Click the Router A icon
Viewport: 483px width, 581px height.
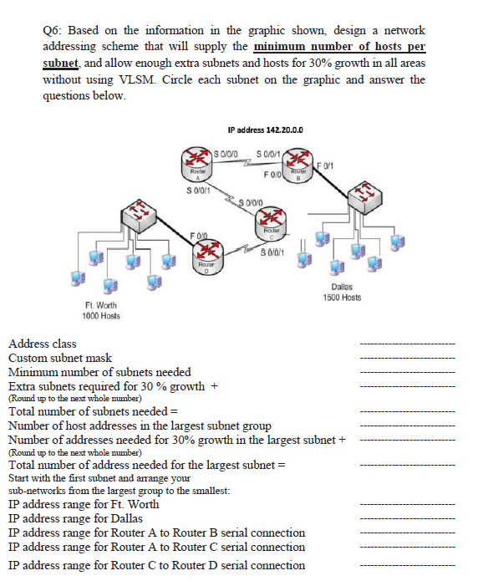196,163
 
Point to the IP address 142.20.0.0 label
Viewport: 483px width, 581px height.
265,130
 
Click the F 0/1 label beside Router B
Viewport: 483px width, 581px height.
328,166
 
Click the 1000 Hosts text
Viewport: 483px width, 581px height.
101,315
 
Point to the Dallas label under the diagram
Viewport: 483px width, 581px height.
340,287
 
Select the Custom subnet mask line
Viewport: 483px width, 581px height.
59,358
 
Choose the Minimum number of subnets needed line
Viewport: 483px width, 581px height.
99,372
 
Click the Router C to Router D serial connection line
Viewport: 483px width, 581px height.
156,565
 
